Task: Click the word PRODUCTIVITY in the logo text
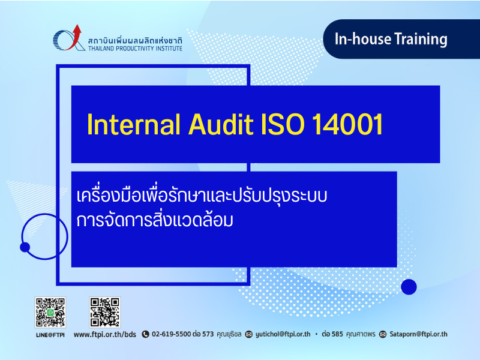tap(135, 49)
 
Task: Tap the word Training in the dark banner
tap(421, 40)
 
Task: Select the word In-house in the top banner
tap(363, 39)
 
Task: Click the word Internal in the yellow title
tap(133, 124)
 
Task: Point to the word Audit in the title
tap(221, 124)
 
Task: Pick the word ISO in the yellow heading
tap(283, 124)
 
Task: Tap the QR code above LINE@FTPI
tap(50, 312)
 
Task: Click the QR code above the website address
tap(104, 312)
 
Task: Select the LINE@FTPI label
tap(50, 335)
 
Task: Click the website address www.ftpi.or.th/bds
tap(104, 334)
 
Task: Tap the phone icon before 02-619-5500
tap(145, 334)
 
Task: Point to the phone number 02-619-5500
tap(172, 334)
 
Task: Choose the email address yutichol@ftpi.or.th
tap(283, 334)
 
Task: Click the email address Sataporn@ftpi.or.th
tap(418, 334)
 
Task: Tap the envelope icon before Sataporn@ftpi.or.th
tap(383, 334)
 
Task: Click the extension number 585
tap(337, 334)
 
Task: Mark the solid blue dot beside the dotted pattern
tap(409, 287)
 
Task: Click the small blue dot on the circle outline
tap(25, 247)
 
